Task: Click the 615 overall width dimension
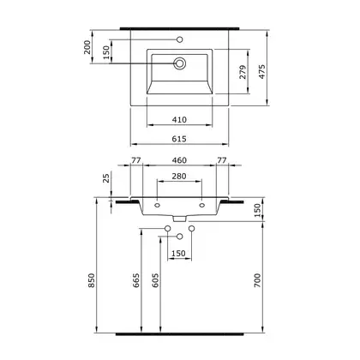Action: click(x=179, y=139)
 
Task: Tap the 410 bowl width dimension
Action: click(x=179, y=120)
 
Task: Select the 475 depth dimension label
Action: click(x=262, y=72)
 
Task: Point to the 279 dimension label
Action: click(x=243, y=72)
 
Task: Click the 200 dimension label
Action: click(x=87, y=47)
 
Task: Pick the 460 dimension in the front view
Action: click(x=179, y=160)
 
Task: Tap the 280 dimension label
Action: click(x=179, y=176)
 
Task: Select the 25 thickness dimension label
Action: click(x=106, y=178)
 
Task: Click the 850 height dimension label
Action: click(x=91, y=280)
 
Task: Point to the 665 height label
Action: click(x=136, y=280)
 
